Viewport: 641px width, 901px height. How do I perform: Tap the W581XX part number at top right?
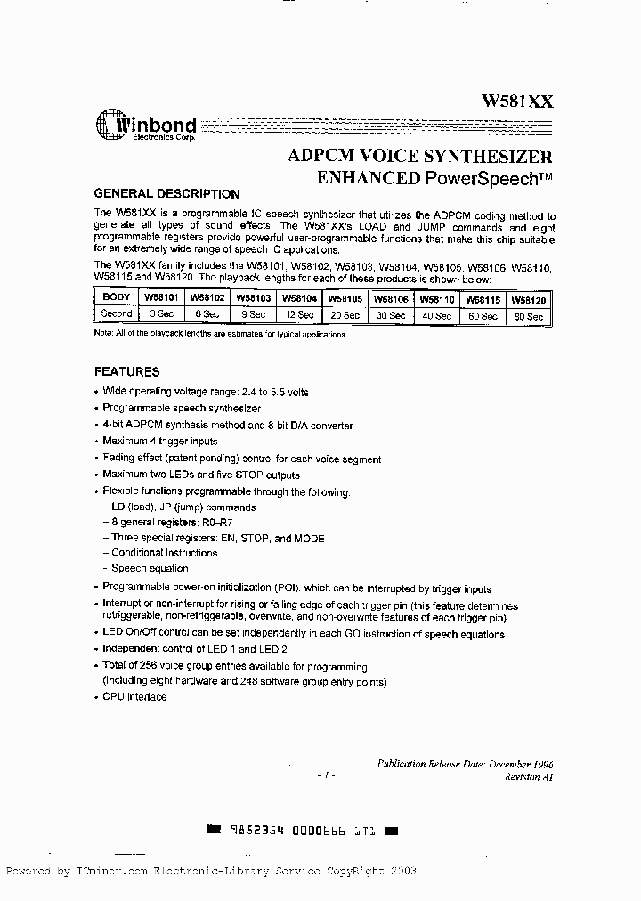[x=517, y=101]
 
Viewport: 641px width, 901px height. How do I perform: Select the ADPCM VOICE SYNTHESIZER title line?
[x=419, y=156]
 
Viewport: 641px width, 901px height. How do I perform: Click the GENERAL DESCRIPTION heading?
[x=166, y=194]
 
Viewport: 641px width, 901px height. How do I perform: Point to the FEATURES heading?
[x=127, y=371]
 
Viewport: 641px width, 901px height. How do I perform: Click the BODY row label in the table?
[x=116, y=298]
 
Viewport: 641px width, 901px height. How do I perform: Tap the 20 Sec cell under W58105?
[x=345, y=315]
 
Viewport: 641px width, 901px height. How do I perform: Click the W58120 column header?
[x=529, y=300]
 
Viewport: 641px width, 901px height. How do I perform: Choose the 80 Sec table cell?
[x=529, y=316]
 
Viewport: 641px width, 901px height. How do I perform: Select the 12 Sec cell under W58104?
[x=298, y=315]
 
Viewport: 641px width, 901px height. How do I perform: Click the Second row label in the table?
[x=116, y=313]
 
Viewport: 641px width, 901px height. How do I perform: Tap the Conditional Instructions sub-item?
[x=164, y=553]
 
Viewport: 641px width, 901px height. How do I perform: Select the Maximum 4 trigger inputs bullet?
[x=159, y=442]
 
